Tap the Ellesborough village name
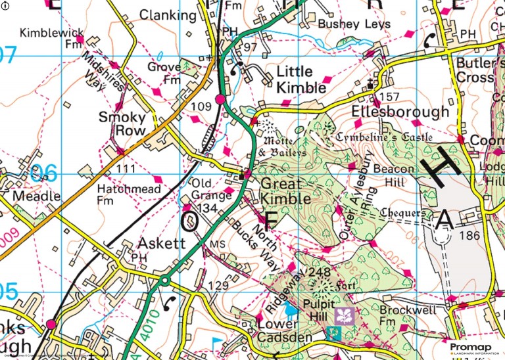click(x=400, y=112)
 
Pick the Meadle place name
click(x=37, y=196)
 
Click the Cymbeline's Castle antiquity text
click(x=383, y=137)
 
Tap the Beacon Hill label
click(x=394, y=175)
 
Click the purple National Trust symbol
click(x=345, y=316)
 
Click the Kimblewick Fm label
click(x=51, y=37)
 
